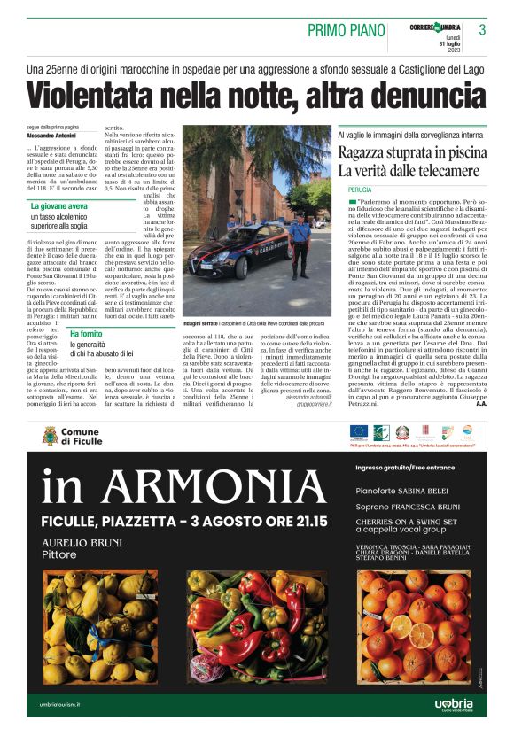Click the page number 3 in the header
coord(482,29)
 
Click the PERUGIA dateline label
coord(359,190)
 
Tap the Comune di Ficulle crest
coord(51,435)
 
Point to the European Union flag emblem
coord(359,431)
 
